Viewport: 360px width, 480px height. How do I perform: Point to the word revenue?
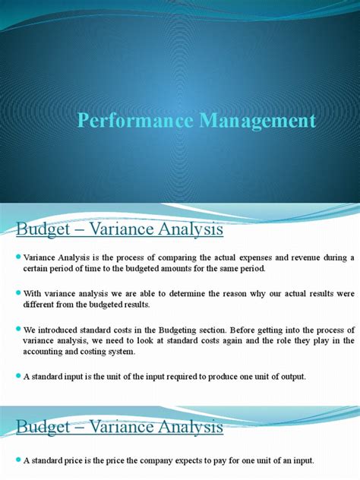coord(313,258)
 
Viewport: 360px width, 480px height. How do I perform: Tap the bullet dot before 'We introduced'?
coord(17,328)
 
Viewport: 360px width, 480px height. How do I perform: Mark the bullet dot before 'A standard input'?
coord(17,375)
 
